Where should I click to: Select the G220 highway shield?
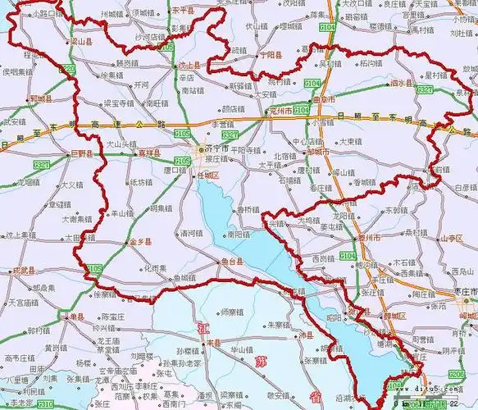tap(70, 68)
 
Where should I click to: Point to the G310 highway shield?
tap(47, 404)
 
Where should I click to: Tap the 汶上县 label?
tap(189, 64)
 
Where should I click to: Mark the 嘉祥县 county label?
tap(148, 153)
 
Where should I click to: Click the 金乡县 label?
tap(142, 244)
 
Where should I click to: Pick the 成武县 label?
tap(25, 270)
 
